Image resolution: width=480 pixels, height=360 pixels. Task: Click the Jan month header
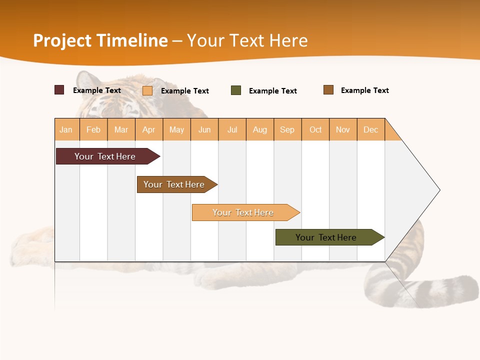pos(66,129)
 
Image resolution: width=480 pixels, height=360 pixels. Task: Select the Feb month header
pos(93,129)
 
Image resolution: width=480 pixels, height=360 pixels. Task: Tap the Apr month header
pos(148,129)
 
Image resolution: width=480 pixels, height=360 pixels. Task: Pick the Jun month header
pos(204,129)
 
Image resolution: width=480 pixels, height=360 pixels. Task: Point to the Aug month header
pos(259,129)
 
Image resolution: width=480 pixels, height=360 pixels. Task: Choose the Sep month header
pos(287,129)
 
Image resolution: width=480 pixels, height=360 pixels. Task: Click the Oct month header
pos(315,129)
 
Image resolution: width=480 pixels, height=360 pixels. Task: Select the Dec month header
pos(370,129)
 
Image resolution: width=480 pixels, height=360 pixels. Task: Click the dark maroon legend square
pos(59,90)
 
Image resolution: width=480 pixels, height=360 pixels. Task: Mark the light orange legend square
pos(147,90)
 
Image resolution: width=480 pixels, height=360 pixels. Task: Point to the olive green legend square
pos(236,90)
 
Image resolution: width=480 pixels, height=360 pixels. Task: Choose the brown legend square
pos(328,90)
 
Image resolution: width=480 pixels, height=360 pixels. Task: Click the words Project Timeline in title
pos(100,40)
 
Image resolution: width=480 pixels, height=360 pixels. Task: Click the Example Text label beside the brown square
pos(364,90)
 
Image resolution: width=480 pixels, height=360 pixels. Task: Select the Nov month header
pos(342,129)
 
